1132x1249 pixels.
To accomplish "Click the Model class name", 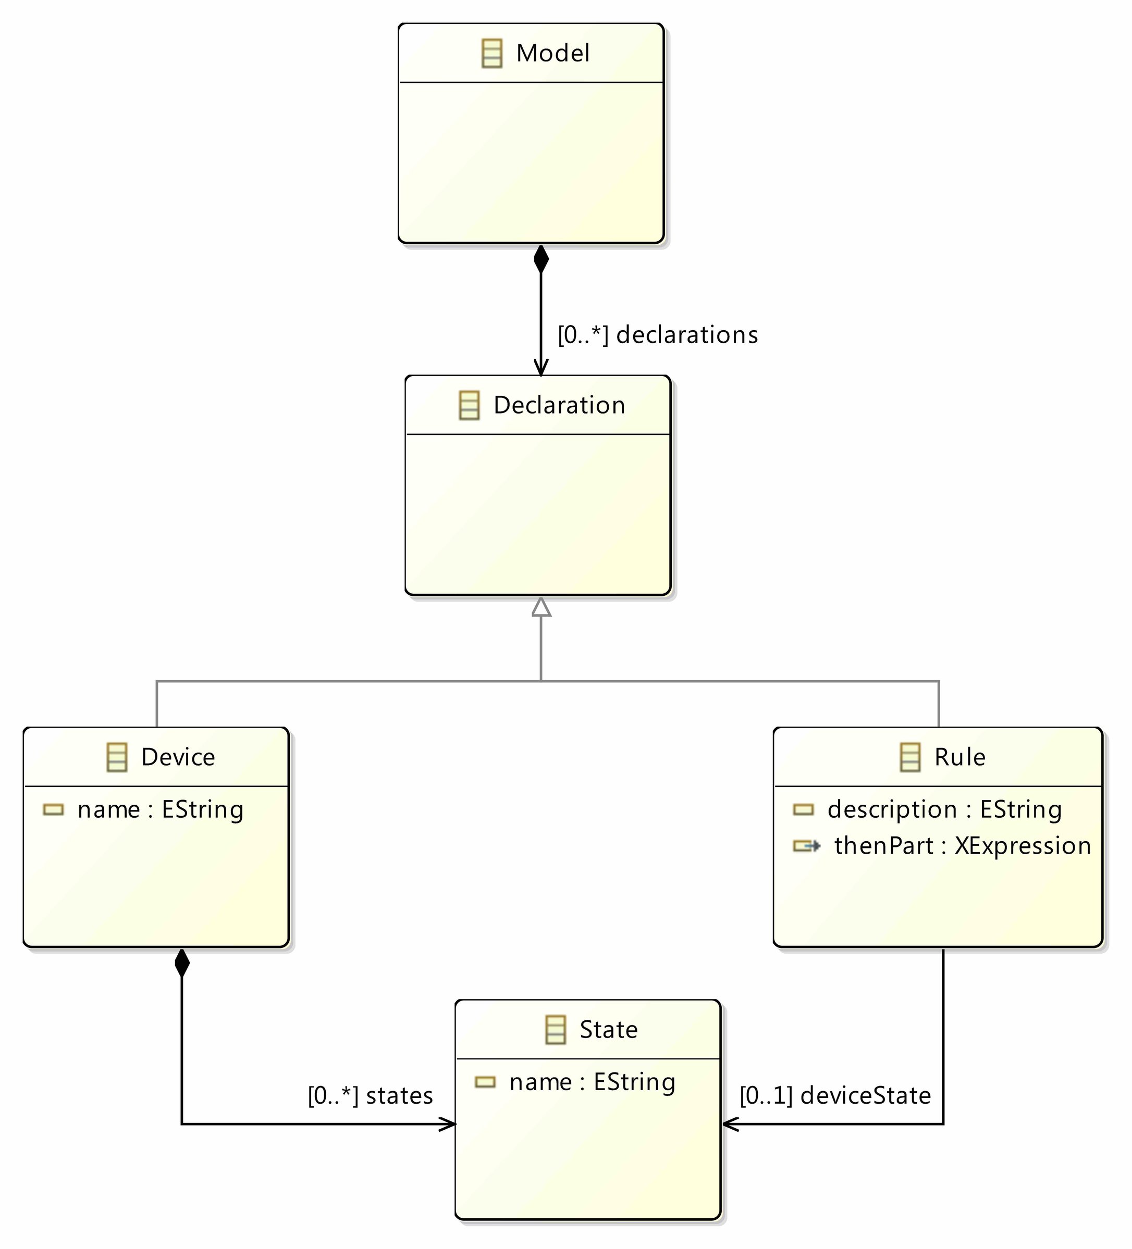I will click(552, 53).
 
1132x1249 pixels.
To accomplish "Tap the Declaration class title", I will click(559, 405).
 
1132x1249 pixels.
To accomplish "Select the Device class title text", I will click(178, 757).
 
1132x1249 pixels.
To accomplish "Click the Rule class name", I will click(959, 757).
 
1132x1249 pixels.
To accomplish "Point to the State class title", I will click(608, 1030).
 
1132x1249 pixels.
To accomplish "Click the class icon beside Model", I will click(491, 53).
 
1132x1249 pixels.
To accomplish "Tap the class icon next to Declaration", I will click(469, 405).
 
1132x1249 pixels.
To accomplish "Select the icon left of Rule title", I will click(910, 757).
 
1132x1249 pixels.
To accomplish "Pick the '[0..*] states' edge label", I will click(370, 1096).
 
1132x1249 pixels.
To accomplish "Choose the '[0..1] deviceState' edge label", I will click(835, 1096).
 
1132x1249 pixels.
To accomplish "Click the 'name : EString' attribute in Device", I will click(161, 810).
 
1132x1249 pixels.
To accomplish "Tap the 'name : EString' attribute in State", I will click(592, 1082).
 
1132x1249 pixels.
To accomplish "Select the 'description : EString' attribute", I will click(944, 810).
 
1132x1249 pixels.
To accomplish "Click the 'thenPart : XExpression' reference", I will click(962, 846).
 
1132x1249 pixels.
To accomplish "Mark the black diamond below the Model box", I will click(541, 259).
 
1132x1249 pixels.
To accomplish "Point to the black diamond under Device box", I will click(182, 964).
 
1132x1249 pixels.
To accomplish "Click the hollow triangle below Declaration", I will click(541, 608).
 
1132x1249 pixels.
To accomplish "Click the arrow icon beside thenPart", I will click(807, 846).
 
